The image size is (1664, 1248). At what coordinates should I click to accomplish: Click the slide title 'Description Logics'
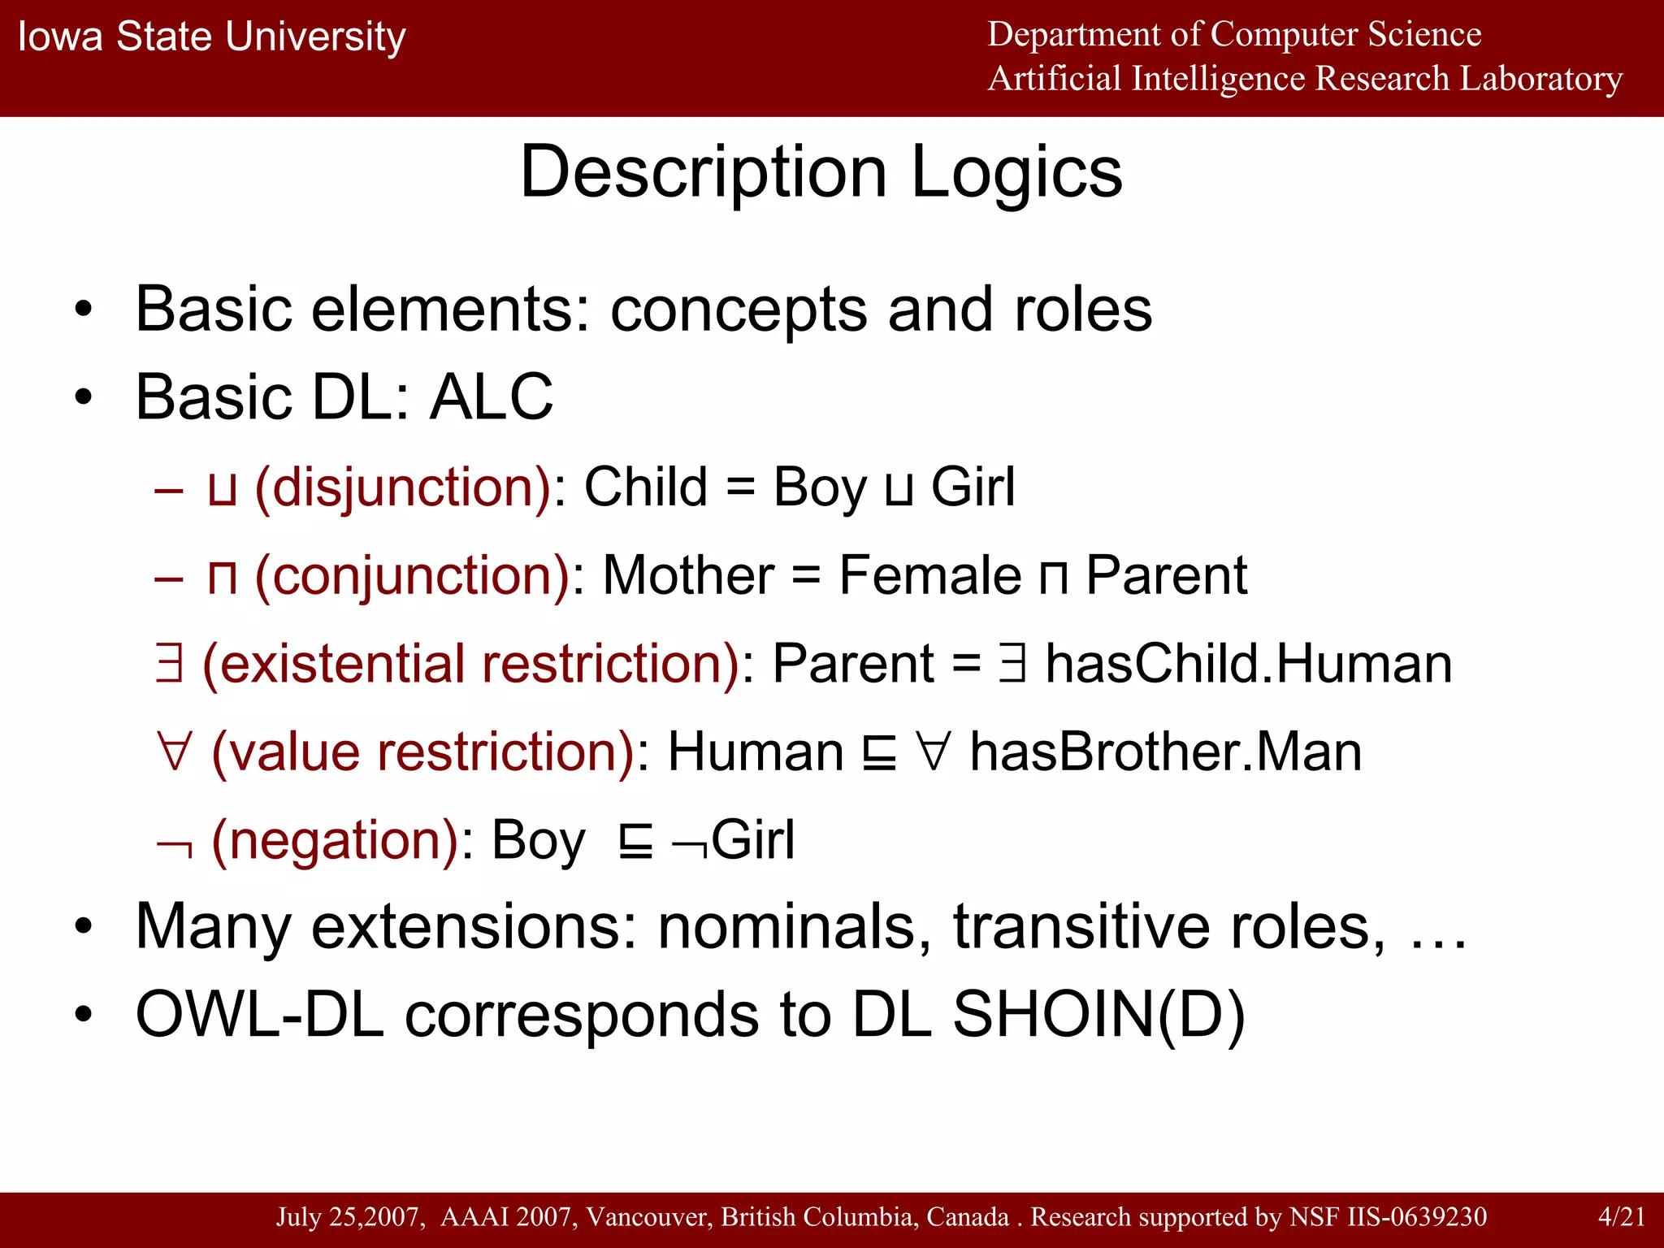pos(821,173)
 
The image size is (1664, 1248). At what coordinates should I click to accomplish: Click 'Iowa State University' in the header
pos(211,37)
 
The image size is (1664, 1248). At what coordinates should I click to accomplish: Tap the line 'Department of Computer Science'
pos(1233,35)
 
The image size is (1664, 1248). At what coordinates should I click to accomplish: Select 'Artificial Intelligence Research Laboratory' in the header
pos(1304,80)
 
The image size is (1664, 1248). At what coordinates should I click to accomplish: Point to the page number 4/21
pos(1621,1216)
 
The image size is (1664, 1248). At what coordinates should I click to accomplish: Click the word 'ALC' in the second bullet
pos(491,397)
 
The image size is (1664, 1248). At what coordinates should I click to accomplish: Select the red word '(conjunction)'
pos(413,576)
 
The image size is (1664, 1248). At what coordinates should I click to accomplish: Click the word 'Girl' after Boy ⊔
pos(973,487)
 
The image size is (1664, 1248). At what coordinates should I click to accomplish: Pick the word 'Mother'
pos(688,576)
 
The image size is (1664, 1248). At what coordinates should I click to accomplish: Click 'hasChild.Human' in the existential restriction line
pos(1247,664)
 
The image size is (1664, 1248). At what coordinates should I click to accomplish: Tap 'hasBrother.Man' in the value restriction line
pos(1166,752)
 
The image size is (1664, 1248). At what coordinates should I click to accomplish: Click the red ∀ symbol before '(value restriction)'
pos(175,752)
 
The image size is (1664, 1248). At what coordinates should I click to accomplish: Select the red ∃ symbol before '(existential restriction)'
pos(169,664)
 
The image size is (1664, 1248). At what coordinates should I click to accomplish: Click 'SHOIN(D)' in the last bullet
pos(1098,1015)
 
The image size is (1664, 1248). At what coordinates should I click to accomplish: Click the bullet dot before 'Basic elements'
pos(83,310)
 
